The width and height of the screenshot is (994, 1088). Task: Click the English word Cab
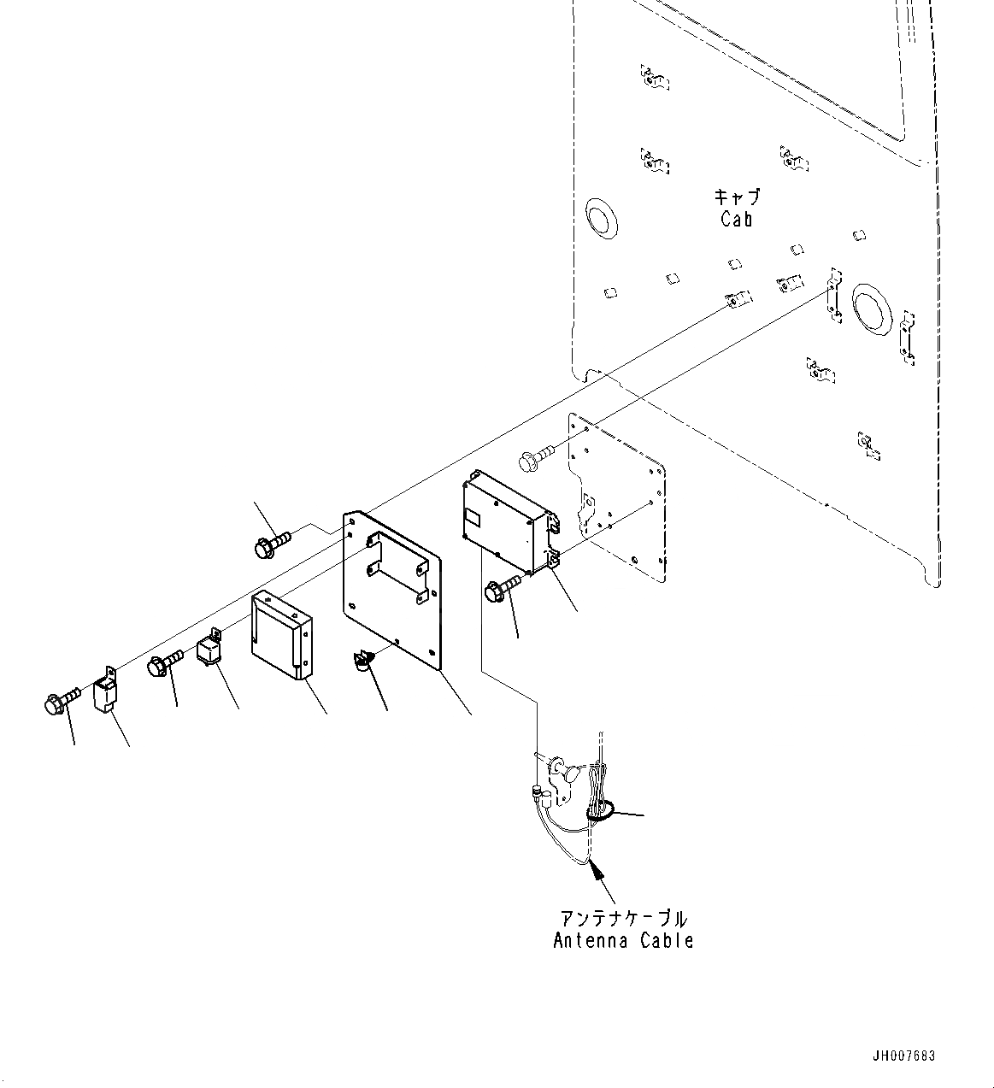click(736, 220)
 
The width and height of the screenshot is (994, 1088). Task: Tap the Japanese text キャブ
click(736, 197)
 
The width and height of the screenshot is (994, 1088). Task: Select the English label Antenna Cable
click(623, 941)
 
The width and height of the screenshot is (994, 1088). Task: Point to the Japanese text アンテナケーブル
click(623, 919)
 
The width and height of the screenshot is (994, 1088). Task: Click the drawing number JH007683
click(904, 1056)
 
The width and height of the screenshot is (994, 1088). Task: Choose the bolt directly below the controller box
click(501, 588)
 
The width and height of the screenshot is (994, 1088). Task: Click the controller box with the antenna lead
click(504, 521)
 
